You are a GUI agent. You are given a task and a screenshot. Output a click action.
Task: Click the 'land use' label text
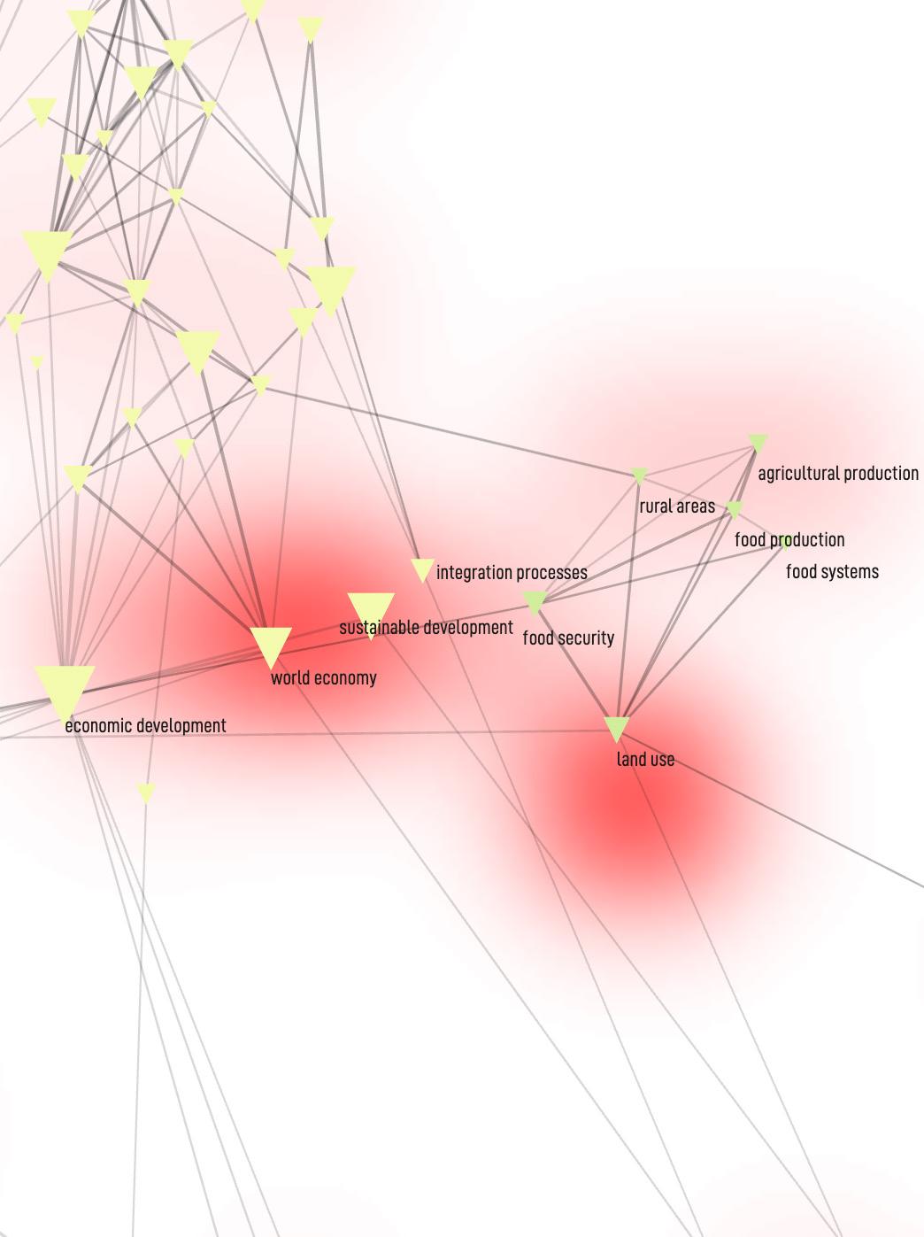click(645, 760)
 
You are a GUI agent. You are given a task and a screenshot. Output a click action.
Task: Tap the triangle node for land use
click(616, 728)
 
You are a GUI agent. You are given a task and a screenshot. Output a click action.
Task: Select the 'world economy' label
click(323, 678)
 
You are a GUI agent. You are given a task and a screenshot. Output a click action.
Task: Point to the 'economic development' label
click(145, 726)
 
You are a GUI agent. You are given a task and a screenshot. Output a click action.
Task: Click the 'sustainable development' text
click(426, 628)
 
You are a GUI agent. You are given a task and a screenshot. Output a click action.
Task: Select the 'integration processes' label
click(512, 573)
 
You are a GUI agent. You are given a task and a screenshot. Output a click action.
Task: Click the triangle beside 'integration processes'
click(422, 569)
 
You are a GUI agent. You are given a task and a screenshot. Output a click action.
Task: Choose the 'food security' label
click(568, 638)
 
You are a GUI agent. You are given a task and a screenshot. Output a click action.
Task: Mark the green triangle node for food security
click(535, 602)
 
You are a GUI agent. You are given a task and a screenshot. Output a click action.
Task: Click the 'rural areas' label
click(677, 506)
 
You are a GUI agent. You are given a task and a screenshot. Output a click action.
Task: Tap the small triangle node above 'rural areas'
click(639, 476)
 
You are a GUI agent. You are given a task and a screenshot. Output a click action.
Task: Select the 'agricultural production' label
click(838, 474)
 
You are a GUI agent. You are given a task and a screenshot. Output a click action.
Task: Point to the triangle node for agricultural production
click(758, 442)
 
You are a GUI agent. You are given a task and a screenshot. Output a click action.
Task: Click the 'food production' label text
click(789, 540)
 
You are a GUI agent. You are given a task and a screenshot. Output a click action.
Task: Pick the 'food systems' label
click(832, 572)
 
